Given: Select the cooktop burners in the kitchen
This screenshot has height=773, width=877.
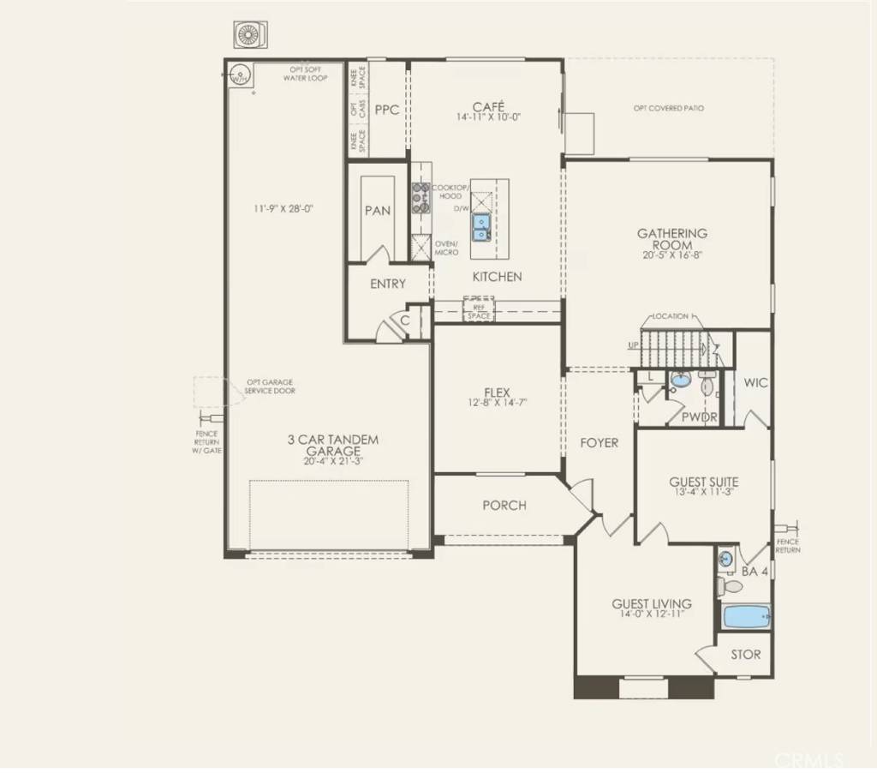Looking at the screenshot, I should [x=421, y=197].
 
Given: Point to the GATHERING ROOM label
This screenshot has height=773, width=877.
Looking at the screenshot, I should [x=671, y=238].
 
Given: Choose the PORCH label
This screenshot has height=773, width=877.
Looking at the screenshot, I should [x=504, y=506].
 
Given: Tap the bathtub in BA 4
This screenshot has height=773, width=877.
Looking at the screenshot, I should [x=745, y=616].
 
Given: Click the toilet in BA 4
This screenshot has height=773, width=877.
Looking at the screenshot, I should [x=730, y=587].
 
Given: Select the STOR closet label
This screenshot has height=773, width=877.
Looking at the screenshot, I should [x=745, y=655].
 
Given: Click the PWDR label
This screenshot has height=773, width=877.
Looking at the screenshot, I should [x=699, y=416].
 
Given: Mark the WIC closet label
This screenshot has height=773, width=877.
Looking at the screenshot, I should [x=755, y=383].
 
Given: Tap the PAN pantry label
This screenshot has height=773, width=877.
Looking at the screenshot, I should [x=378, y=211].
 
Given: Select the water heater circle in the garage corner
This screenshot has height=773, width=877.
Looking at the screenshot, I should [x=241, y=75].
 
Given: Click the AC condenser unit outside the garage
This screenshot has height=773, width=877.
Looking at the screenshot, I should [x=250, y=33].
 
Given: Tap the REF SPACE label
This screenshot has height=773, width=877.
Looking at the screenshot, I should [x=479, y=311].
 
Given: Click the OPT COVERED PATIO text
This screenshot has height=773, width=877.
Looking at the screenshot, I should [x=669, y=108].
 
